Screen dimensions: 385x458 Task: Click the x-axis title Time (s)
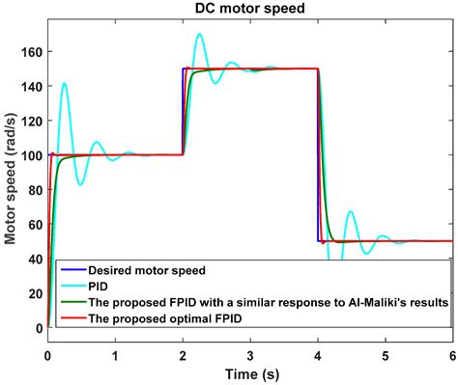click(249, 374)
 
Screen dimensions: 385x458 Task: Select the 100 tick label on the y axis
click(31, 154)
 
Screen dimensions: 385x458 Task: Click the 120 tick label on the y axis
click(31, 120)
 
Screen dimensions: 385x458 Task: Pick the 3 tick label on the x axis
click(250, 355)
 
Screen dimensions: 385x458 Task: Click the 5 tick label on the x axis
click(386, 355)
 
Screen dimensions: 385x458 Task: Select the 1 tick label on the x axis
click(115, 355)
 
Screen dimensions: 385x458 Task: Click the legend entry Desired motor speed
click(146, 268)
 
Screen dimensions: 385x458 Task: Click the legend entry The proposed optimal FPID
click(164, 316)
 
